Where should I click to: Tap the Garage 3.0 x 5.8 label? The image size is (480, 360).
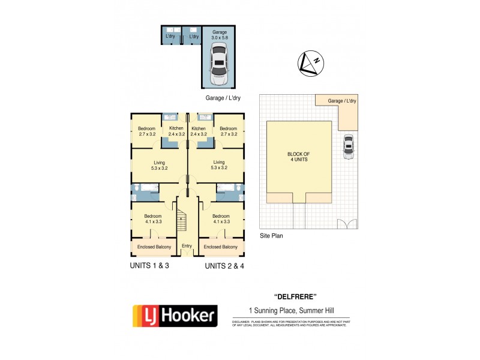[220, 35]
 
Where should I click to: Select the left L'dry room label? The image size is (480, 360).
[170, 37]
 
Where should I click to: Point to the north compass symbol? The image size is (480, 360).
[311, 64]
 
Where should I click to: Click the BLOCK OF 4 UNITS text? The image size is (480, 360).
[298, 157]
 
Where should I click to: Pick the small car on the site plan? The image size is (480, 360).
[348, 146]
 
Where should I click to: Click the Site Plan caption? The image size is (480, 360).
[271, 236]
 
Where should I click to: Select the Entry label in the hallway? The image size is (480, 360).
[187, 246]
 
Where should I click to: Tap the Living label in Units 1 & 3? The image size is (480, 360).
[159, 165]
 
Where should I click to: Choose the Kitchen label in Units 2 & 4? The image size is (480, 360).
[199, 131]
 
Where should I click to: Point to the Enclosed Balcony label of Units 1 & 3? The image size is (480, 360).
[154, 247]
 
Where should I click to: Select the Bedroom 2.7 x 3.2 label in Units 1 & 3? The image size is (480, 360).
[146, 131]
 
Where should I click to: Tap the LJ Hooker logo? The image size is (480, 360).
[175, 315]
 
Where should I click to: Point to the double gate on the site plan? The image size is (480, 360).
[346, 224]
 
